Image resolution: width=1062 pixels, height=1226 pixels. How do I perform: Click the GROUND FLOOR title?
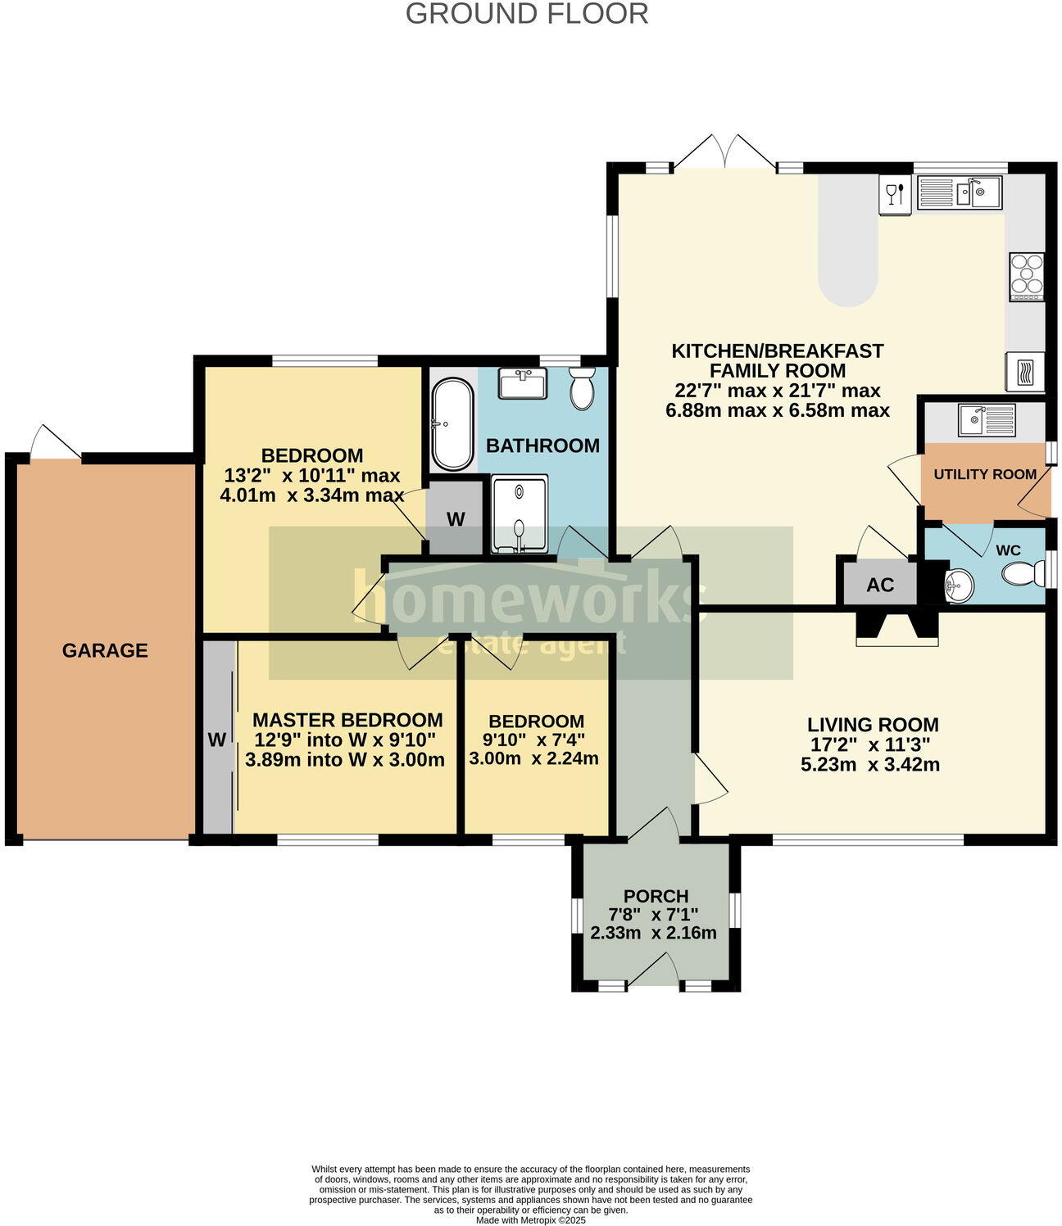[x=527, y=14]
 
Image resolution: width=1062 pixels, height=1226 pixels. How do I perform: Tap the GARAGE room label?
[x=105, y=650]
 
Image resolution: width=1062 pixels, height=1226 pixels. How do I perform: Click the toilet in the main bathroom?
[x=582, y=388]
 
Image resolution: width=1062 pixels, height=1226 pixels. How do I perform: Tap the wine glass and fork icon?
[x=895, y=194]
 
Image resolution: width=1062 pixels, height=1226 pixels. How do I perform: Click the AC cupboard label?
[x=880, y=585]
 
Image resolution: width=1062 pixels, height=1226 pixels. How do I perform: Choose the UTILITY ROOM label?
[x=984, y=474]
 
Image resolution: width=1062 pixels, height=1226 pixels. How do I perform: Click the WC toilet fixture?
[x=1020, y=572]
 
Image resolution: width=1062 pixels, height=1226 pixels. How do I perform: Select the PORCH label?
[x=656, y=896]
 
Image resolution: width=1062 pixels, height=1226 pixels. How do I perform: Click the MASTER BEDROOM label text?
[x=347, y=720]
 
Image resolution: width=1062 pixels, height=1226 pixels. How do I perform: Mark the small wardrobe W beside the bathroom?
[x=456, y=518]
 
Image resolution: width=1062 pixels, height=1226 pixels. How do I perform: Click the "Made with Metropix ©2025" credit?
[x=531, y=1219]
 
